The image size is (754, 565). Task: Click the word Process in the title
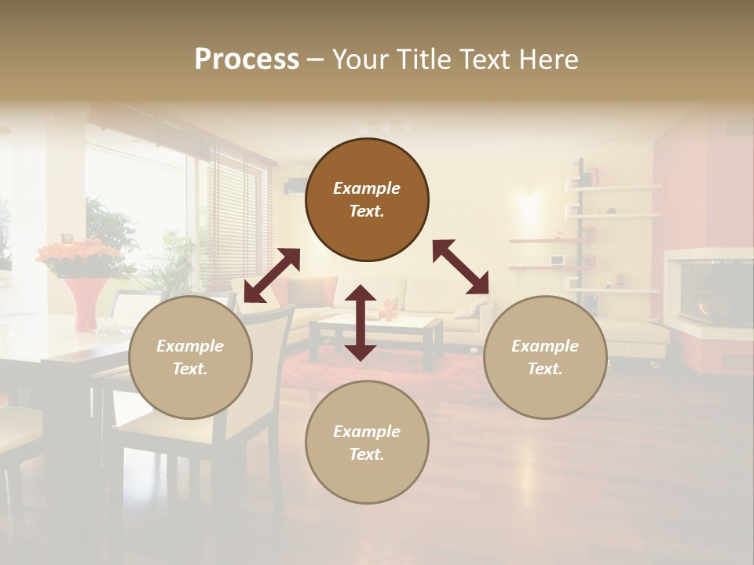point(247,59)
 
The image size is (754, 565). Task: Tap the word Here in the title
point(547,59)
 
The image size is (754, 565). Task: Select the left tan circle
point(190,357)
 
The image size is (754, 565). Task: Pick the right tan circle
point(545,357)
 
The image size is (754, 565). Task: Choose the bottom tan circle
point(367,443)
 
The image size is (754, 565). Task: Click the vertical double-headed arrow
point(361,323)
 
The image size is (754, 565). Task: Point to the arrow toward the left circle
point(272,275)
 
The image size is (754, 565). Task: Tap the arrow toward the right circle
point(460,267)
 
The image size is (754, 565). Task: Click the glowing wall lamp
point(529,206)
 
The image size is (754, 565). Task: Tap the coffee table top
point(376,323)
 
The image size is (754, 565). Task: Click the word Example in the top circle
point(367,188)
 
